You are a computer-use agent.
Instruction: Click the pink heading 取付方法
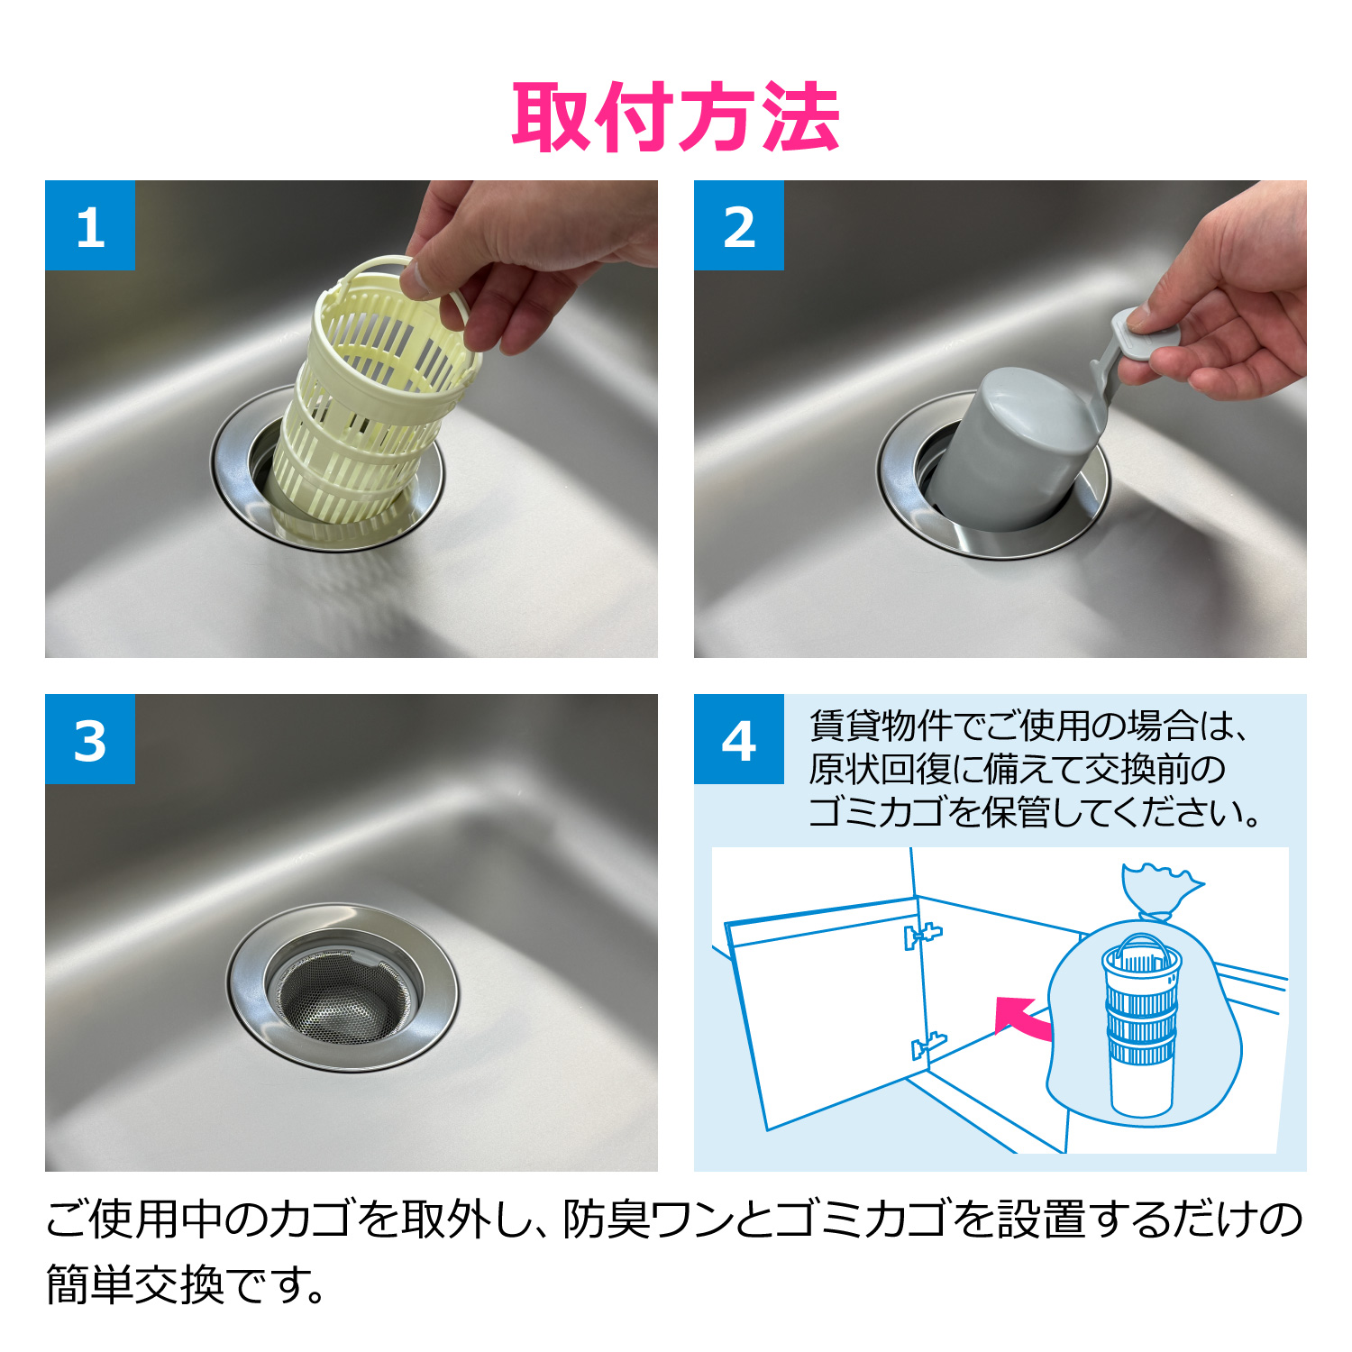click(x=676, y=117)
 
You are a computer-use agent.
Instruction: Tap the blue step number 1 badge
click(x=90, y=225)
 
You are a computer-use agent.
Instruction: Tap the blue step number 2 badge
click(x=739, y=225)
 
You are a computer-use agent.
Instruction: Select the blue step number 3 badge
click(x=90, y=739)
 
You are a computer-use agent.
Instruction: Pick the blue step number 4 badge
click(x=739, y=739)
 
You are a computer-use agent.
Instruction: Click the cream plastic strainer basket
click(x=370, y=406)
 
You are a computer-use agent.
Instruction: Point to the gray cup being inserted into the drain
click(x=1009, y=451)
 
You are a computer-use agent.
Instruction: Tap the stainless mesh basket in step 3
click(x=343, y=991)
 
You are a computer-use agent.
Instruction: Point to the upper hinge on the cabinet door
click(x=921, y=935)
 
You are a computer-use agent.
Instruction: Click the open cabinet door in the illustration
click(x=825, y=1014)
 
